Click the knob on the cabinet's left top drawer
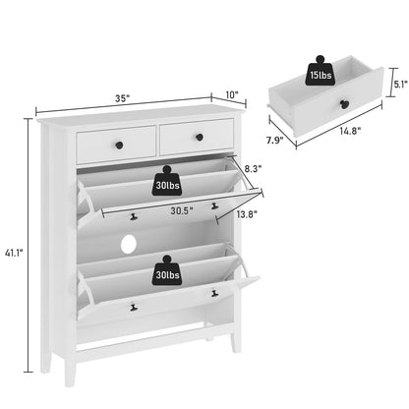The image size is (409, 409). tap(116, 145)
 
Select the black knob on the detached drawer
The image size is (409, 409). tap(347, 106)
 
